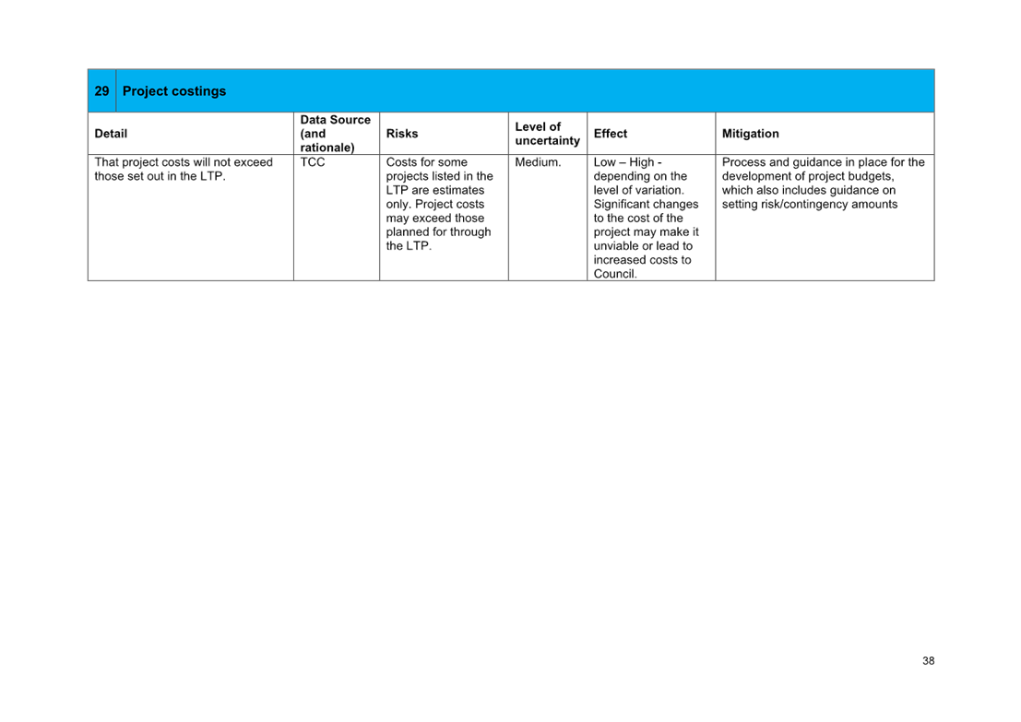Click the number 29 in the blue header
(x=101, y=91)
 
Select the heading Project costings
(x=174, y=91)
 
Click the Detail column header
(x=111, y=134)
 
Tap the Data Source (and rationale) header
(x=336, y=134)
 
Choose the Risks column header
(x=402, y=134)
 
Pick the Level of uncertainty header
(x=548, y=134)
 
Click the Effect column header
(x=611, y=134)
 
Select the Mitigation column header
(x=750, y=134)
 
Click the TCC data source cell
(x=313, y=162)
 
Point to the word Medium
(x=538, y=162)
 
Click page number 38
(x=929, y=661)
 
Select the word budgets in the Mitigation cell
(x=870, y=176)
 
